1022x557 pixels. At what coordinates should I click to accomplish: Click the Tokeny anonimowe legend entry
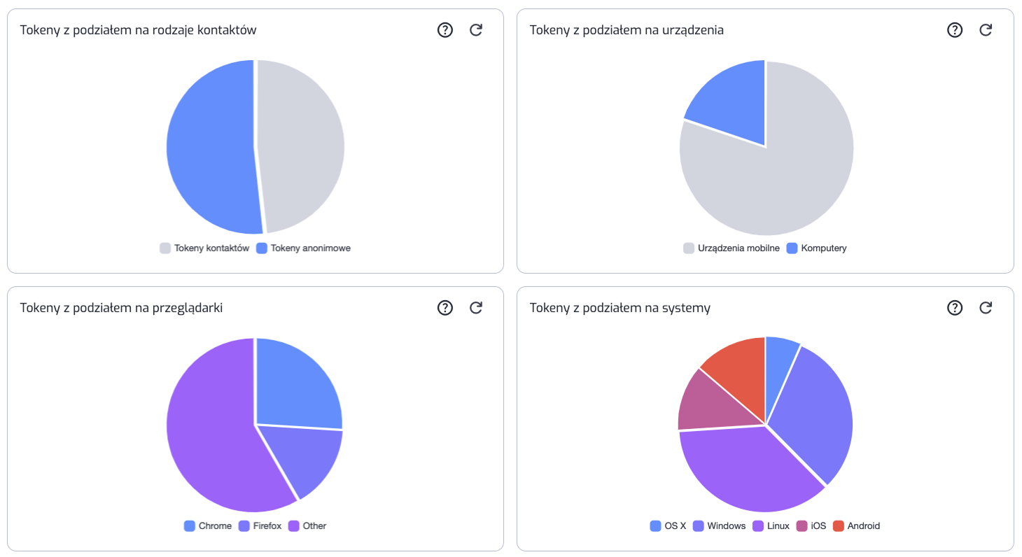coord(303,248)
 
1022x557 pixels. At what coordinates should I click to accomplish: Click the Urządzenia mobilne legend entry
coord(731,248)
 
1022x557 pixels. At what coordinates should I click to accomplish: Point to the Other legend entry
coord(307,526)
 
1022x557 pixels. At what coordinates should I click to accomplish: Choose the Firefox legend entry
coord(260,526)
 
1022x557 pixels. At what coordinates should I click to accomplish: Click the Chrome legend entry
coord(208,526)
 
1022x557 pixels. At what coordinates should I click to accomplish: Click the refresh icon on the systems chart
coord(986,308)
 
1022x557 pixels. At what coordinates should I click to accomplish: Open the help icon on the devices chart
coord(955,30)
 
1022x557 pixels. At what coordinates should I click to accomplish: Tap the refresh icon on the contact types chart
coord(476,30)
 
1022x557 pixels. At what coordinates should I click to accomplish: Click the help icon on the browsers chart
coord(445,308)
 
